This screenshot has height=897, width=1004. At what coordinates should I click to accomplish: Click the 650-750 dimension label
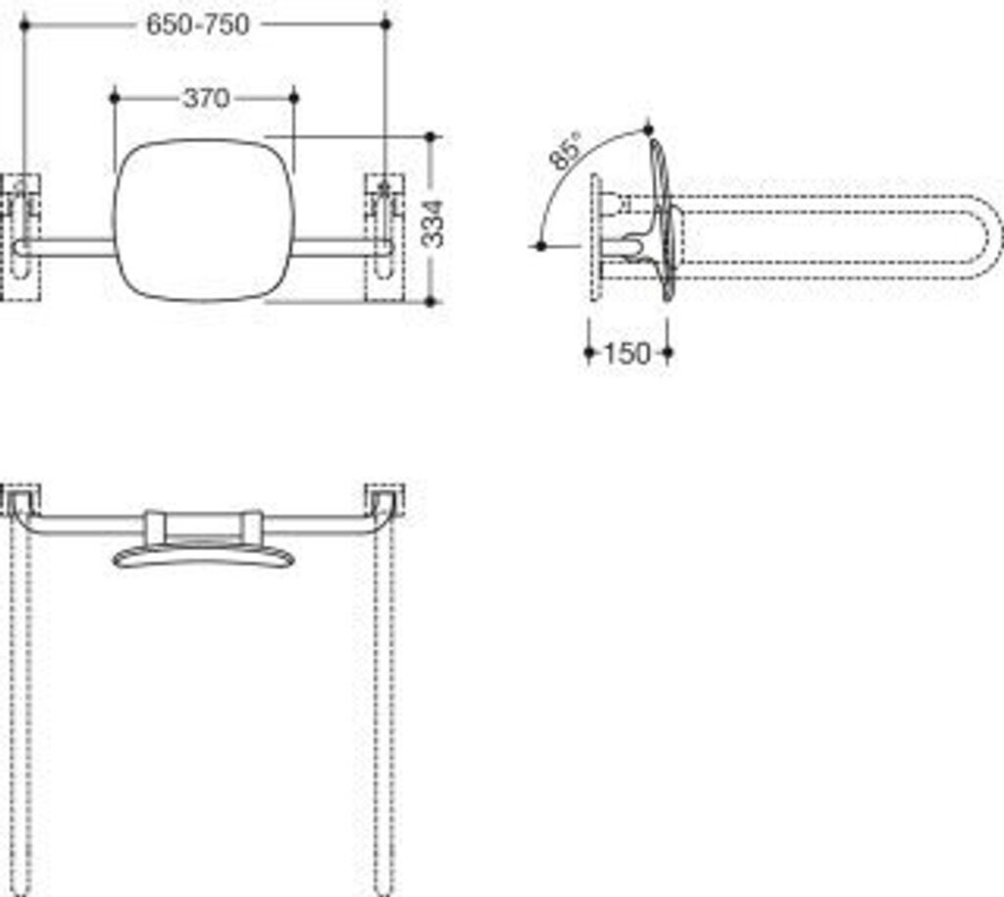(x=198, y=25)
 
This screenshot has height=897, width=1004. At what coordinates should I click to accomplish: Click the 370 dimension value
(x=206, y=98)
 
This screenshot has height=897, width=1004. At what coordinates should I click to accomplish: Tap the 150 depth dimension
(x=627, y=354)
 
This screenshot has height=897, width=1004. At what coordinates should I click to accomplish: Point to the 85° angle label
(x=567, y=153)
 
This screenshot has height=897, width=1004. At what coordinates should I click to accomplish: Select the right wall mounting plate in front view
(x=384, y=237)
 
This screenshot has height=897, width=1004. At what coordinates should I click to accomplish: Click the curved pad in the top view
(x=204, y=557)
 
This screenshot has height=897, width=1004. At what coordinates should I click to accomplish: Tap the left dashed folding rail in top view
(x=23, y=706)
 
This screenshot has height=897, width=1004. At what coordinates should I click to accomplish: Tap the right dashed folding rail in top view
(x=384, y=706)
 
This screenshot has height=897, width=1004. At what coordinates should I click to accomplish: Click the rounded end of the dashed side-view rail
(x=990, y=236)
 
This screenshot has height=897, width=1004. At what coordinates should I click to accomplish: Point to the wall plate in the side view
(x=594, y=237)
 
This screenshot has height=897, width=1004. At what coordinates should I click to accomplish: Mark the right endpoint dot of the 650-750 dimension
(x=384, y=24)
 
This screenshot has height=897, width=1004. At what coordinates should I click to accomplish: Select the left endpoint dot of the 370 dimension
(x=115, y=97)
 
